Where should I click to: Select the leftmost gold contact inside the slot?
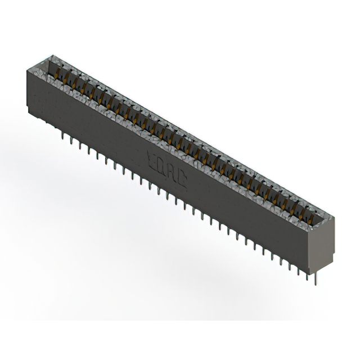[x=60, y=73]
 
